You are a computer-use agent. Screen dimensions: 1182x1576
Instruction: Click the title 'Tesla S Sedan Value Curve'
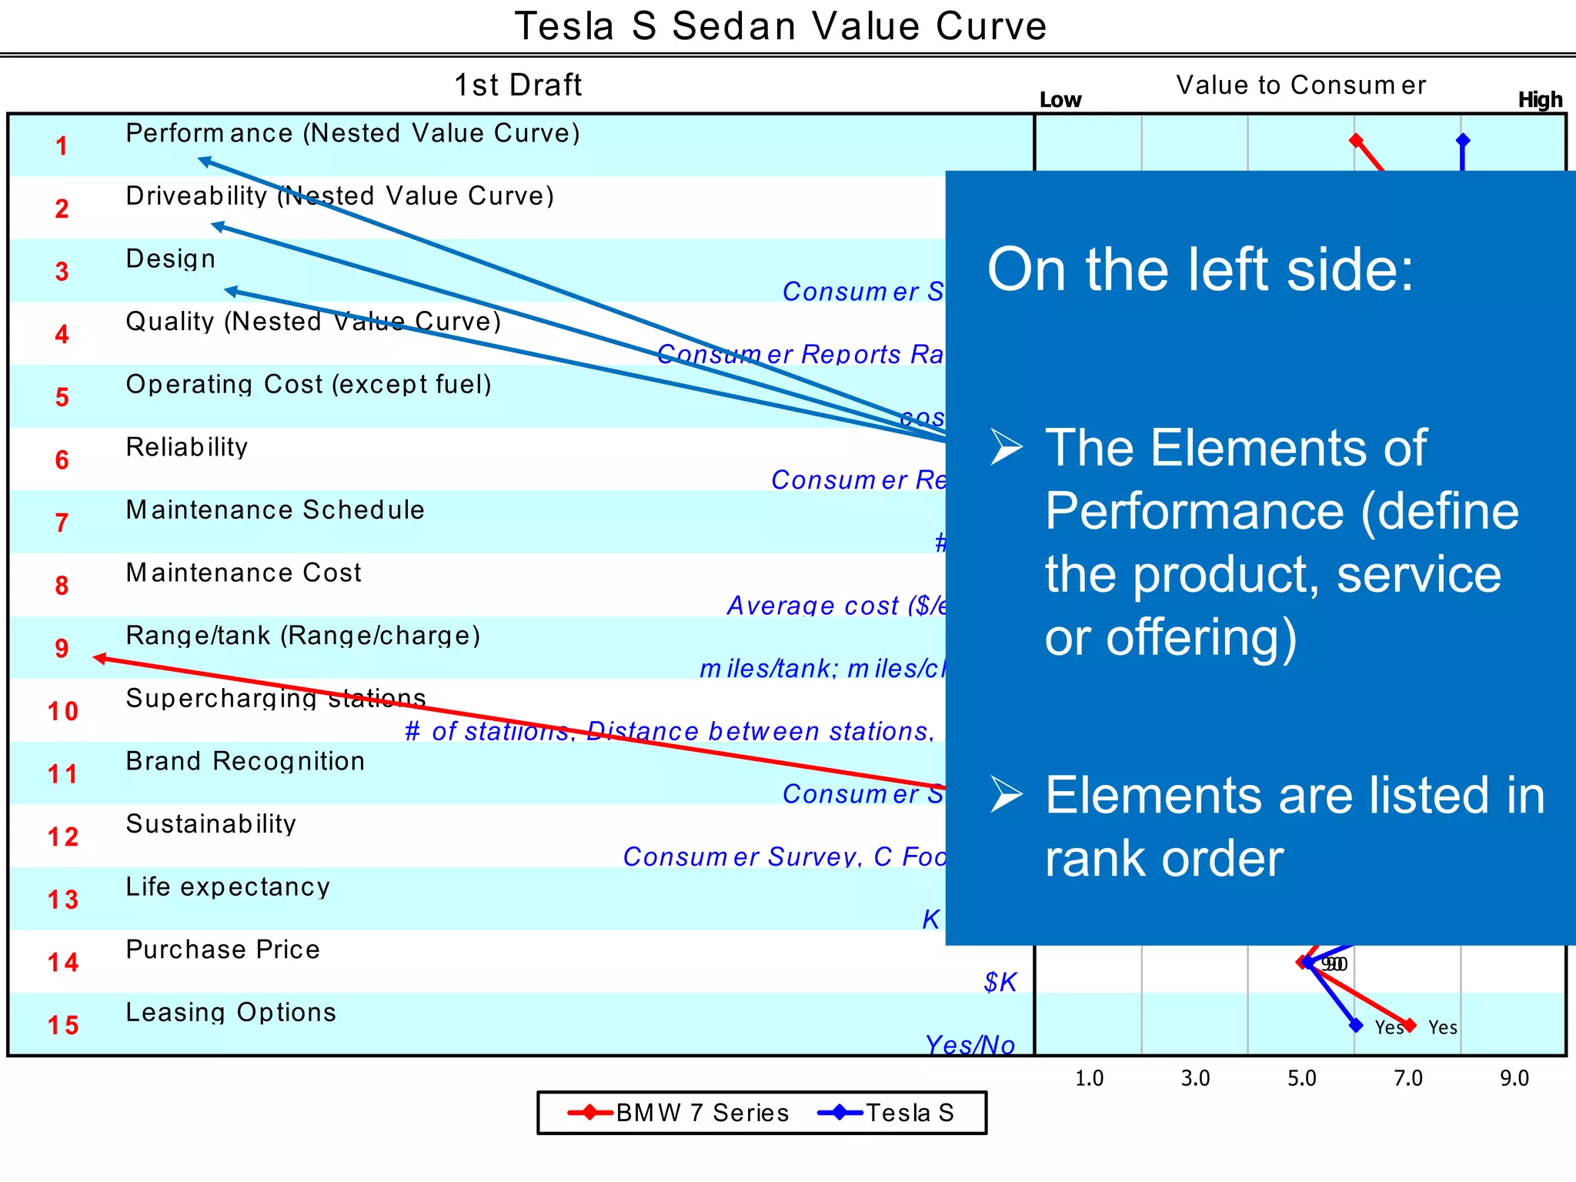pos(780,27)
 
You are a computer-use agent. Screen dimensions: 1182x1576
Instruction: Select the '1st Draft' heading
pos(518,85)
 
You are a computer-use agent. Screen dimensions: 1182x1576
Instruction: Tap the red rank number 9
pos(62,649)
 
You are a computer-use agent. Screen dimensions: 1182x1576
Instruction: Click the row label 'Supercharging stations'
pos(275,698)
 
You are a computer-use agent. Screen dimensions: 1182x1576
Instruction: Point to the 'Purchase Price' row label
pos(222,950)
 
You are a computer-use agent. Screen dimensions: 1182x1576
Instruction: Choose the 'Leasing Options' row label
pos(231,1012)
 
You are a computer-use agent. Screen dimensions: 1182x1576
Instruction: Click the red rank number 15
pos(63,1025)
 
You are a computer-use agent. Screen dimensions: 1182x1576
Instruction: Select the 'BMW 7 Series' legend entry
pos(702,1113)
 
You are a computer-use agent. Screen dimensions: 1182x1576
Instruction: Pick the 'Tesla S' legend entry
pos(910,1113)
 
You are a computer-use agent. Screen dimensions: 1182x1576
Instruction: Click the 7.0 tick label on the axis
pos(1408,1078)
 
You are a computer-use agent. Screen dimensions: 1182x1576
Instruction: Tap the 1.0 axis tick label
pos(1089,1078)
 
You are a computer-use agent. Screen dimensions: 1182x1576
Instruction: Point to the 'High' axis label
pos(1540,100)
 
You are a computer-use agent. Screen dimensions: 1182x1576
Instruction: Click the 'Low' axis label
pos(1060,100)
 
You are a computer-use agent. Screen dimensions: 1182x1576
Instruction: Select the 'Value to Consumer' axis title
pos(1301,85)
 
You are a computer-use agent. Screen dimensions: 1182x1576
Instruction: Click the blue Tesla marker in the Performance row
pos(1463,140)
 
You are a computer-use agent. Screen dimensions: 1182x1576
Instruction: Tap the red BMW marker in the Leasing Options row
pos(1410,1025)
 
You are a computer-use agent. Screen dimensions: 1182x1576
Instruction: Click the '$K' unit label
pos(1000,983)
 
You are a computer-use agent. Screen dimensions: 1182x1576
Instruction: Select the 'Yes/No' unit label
pos(970,1045)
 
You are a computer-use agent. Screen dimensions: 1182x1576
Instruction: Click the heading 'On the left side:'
pos(1200,270)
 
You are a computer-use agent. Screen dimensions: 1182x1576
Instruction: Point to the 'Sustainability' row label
pos(211,824)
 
